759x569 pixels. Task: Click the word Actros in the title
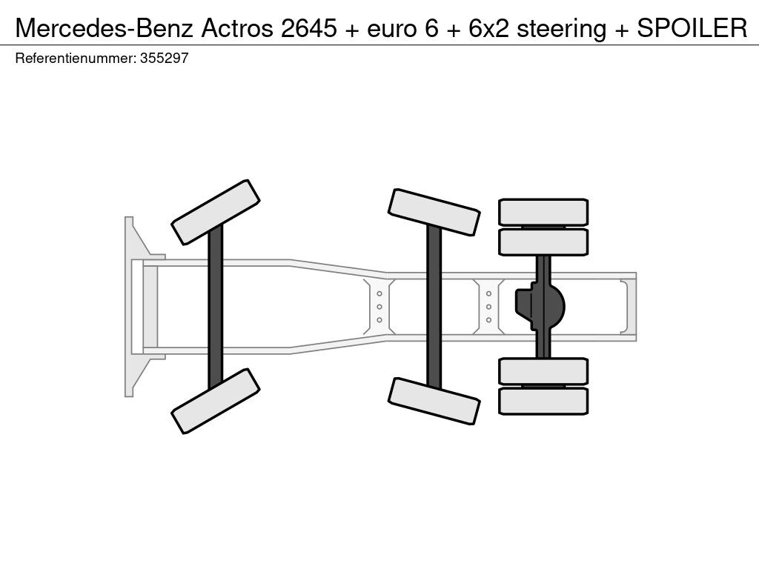tap(237, 28)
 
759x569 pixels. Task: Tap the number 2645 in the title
tap(309, 28)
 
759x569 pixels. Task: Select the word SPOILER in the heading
tap(692, 28)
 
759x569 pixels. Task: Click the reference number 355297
tap(164, 58)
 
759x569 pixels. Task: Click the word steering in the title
tap(562, 29)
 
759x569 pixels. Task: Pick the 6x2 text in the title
tap(489, 28)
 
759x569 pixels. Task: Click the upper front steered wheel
tap(216, 213)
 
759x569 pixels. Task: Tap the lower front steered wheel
tap(216, 401)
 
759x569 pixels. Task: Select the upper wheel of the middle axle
tap(434, 213)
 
